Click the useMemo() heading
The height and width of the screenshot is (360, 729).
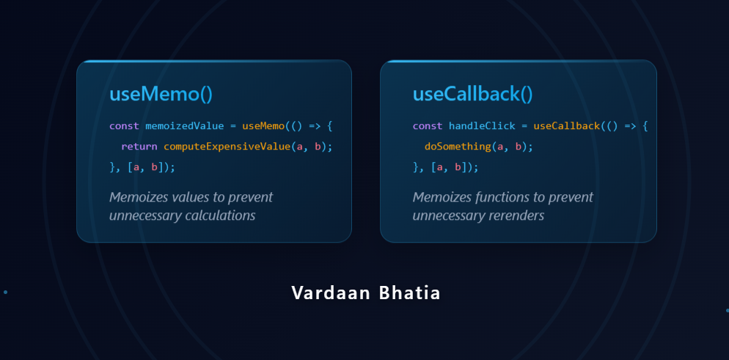(x=161, y=94)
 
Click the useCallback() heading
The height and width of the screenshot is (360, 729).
(x=472, y=94)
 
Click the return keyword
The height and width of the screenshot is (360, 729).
(x=139, y=147)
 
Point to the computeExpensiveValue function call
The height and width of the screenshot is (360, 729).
(x=227, y=147)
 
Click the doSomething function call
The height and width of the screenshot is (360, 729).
(x=458, y=147)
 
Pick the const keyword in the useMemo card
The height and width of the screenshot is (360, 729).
(x=124, y=126)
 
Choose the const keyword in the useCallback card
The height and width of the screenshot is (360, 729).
(x=428, y=126)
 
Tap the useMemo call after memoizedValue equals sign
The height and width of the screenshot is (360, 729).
(x=263, y=126)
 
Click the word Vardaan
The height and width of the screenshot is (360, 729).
(x=323, y=293)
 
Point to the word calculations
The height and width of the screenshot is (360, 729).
(x=219, y=216)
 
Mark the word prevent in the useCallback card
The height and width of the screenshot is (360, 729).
(x=571, y=197)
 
